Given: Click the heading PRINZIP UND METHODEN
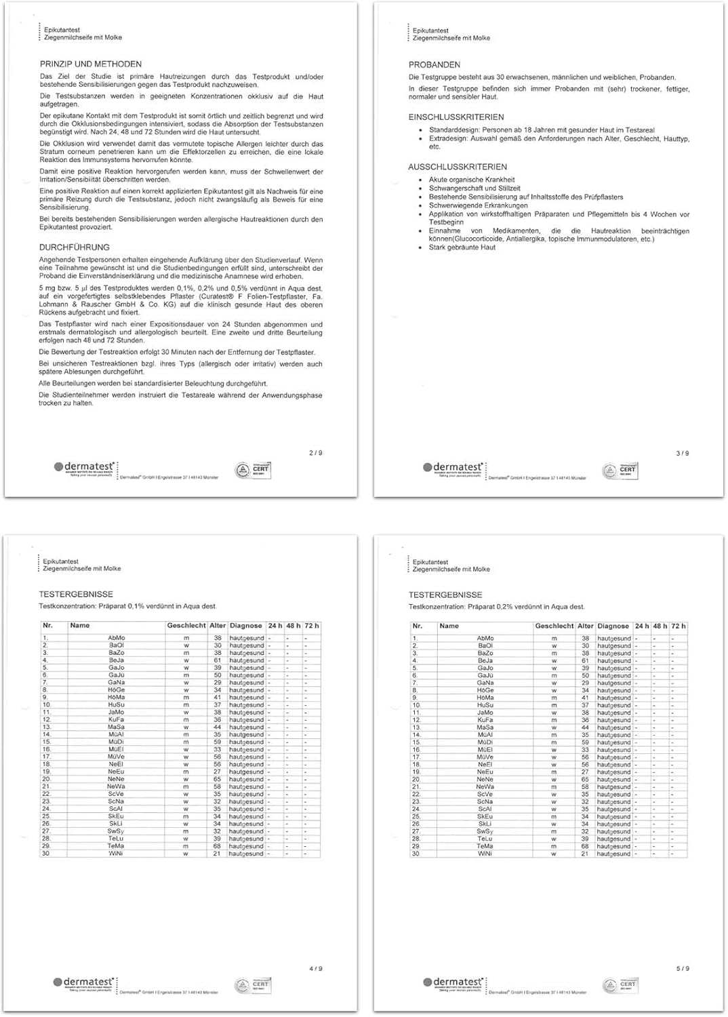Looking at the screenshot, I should (90, 64).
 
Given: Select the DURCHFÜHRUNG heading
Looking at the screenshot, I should (74, 247).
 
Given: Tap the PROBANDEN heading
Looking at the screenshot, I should (434, 64).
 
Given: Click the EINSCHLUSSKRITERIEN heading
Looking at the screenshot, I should (456, 117).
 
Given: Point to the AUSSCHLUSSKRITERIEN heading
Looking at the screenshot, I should (457, 167).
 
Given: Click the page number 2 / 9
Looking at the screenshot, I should (315, 453).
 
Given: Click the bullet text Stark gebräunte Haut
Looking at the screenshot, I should (462, 247).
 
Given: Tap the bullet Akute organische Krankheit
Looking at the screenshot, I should (471, 180).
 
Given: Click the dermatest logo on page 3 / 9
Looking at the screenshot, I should (453, 468).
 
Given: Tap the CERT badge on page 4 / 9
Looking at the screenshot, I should (252, 984).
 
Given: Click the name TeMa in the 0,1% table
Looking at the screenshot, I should (116, 846).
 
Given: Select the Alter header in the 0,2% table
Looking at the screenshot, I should (585, 626).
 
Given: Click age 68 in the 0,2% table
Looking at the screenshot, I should (585, 846).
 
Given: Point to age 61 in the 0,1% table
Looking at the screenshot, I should (217, 660).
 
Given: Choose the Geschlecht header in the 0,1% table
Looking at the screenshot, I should (186, 626).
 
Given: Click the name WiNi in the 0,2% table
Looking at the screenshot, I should (485, 854).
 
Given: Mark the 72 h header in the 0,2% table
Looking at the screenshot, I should (678, 626).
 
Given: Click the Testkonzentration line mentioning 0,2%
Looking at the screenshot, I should (496, 607).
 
